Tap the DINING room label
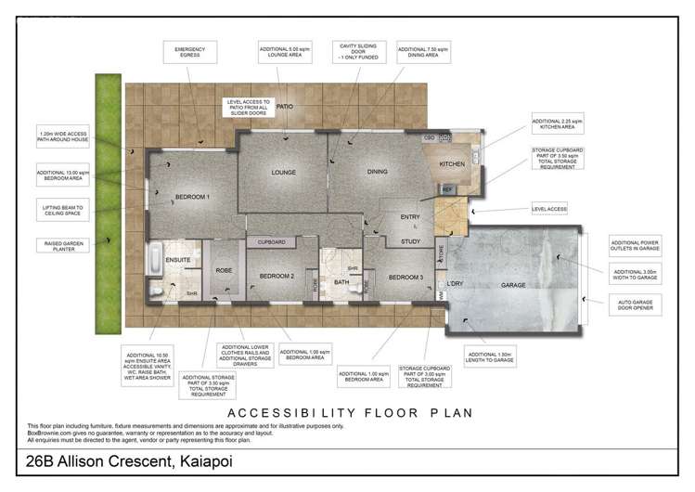(x=377, y=172)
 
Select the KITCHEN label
(x=452, y=164)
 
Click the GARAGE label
(x=513, y=285)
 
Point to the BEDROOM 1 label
(x=193, y=197)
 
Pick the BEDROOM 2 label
(x=277, y=277)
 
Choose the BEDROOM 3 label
(x=405, y=278)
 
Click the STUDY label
(x=409, y=241)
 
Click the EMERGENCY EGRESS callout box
(x=183, y=52)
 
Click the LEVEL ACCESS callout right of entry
(x=549, y=209)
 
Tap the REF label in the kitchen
(x=447, y=189)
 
